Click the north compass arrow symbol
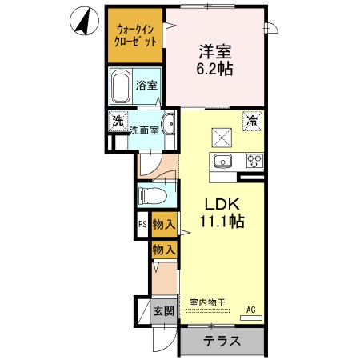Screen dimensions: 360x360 [82, 21]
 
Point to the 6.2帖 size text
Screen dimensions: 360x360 [215, 70]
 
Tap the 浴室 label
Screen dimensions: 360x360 [146, 86]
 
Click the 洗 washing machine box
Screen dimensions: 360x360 [118, 121]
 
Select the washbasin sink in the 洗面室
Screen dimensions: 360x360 [169, 123]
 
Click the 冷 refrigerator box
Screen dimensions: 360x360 [252, 121]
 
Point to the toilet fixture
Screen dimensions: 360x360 [151, 196]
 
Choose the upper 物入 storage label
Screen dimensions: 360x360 [164, 226]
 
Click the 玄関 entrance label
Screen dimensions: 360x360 [164, 311]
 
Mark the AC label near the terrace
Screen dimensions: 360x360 [251, 310]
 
